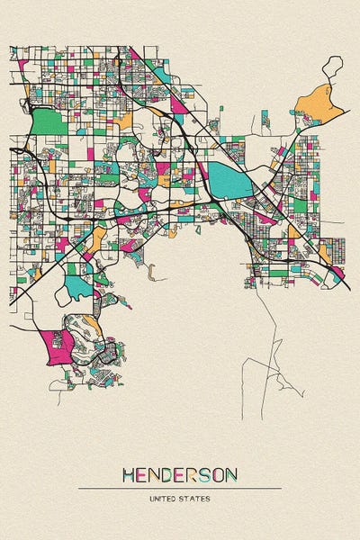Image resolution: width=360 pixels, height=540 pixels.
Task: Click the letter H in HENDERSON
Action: pos(130,474)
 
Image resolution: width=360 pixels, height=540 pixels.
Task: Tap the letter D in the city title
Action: pos(171,474)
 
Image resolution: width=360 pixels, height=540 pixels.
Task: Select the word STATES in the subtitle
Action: pos(197,497)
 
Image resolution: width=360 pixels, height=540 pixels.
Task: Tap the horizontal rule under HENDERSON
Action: pos(180,488)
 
